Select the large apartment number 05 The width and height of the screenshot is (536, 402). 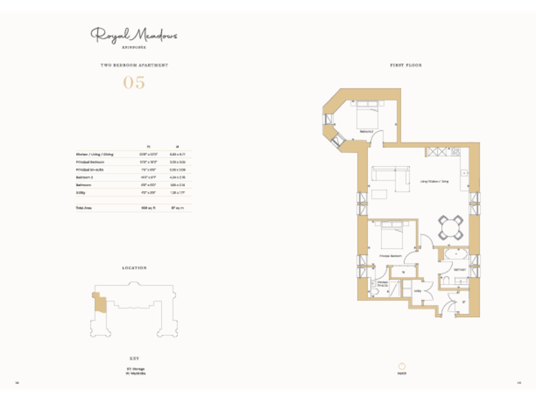134,82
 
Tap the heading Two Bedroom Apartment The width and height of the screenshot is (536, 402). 134,65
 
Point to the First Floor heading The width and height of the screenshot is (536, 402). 405,65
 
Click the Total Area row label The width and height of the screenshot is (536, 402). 84,208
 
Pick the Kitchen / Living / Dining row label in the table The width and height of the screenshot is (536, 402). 94,154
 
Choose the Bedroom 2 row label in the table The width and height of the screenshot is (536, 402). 84,177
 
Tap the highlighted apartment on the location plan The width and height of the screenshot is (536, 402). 100,303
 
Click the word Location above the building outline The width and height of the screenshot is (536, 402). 134,267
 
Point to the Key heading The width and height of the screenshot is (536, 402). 134,357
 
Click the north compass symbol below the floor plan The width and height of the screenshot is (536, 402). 402,366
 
